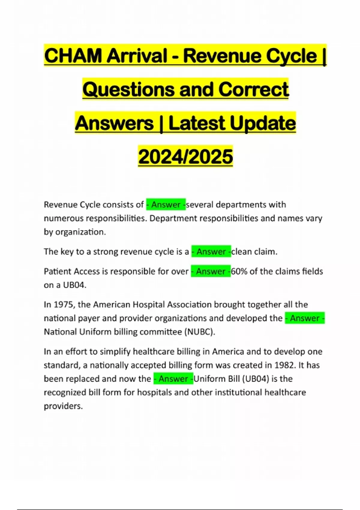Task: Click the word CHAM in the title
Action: click(73, 56)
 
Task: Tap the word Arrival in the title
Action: click(137, 56)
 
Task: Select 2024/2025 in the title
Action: click(185, 157)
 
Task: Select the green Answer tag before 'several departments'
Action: click(166, 205)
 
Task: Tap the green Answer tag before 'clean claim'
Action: click(211, 251)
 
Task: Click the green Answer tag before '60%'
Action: click(211, 271)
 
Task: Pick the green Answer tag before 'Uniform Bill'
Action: click(173, 379)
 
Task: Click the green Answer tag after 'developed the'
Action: click(304, 318)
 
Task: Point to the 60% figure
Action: click(239, 271)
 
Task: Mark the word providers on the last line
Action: click(63, 406)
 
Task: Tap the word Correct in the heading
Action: click(253, 90)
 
